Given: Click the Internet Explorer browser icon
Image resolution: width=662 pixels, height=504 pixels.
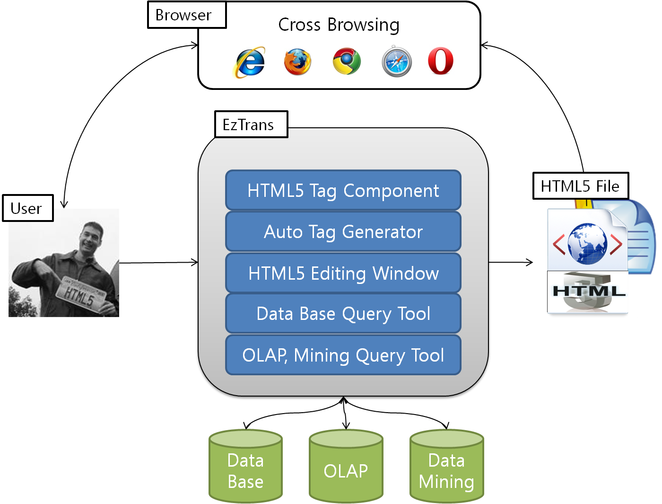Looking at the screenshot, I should [250, 62].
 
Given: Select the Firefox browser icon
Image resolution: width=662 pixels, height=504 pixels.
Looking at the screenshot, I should [297, 62].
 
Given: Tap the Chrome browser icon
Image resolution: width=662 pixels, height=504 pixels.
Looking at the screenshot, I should [347, 61].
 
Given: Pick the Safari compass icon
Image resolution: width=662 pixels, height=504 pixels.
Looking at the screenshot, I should [397, 62].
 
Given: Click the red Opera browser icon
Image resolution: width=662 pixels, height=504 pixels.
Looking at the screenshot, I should [441, 61].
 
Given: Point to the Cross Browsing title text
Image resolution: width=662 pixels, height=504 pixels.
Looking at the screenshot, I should [339, 25].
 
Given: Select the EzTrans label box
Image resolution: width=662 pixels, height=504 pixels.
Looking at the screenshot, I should [251, 124].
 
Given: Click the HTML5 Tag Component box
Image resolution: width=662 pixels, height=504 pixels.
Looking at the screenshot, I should [343, 190].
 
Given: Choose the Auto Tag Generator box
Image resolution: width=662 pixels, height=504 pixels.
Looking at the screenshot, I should [343, 231].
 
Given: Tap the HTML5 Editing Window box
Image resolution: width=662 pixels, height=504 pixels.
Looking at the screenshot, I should [343, 273].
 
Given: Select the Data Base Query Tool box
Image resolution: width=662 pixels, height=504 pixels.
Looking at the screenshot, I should [343, 314].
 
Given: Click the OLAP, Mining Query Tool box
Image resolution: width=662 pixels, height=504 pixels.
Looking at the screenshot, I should [343, 355].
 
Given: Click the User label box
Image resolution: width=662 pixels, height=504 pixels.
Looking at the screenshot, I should [27, 208].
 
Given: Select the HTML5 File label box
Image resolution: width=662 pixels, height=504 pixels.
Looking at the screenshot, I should [580, 186].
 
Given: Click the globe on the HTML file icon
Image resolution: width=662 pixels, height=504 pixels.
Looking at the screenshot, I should [587, 244].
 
